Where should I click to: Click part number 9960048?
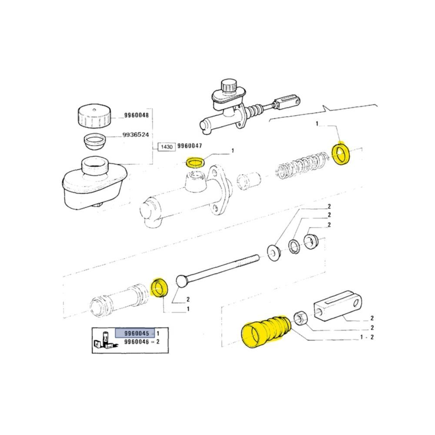(x=136, y=115)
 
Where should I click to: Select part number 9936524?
(x=136, y=135)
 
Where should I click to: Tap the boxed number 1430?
(x=167, y=147)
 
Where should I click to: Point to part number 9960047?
(x=190, y=146)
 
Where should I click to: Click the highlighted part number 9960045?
(x=137, y=333)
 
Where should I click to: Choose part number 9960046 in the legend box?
(x=137, y=342)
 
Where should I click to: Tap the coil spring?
(x=302, y=165)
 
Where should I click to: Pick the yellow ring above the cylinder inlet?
(x=196, y=162)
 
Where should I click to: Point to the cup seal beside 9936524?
(x=94, y=141)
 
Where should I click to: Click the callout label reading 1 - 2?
(x=367, y=338)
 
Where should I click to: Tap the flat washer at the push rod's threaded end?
(x=274, y=251)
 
